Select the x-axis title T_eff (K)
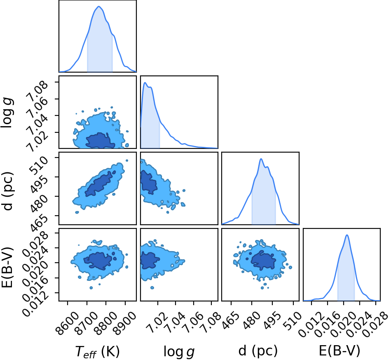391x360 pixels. pyautogui.click(x=98, y=351)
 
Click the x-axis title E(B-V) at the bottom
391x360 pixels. pyautogui.click(x=339, y=351)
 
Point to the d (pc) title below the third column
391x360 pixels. pyautogui.click(x=258, y=351)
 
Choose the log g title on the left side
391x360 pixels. pyautogui.click(x=7, y=113)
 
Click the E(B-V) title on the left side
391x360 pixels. pyautogui.click(x=7, y=268)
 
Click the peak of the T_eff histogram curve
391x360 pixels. pyautogui.click(x=99, y=6)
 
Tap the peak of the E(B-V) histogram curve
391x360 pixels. pyautogui.click(x=347, y=235)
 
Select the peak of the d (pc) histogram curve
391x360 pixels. pyautogui.click(x=261, y=159)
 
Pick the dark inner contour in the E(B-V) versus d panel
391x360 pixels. pyautogui.click(x=263, y=261)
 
